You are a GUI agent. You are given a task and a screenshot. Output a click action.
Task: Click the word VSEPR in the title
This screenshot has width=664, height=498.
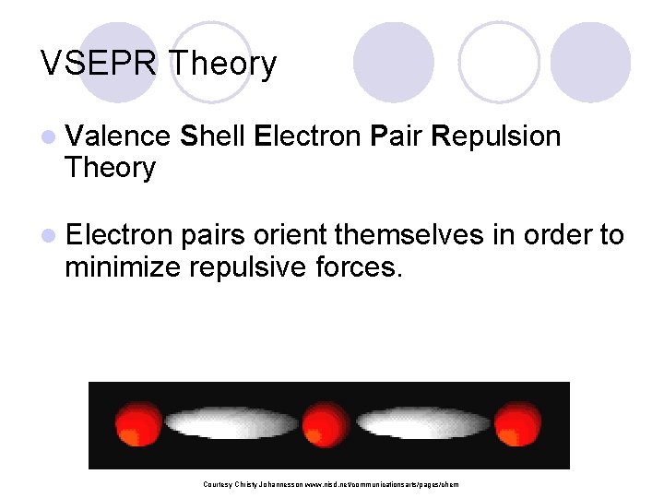pos(100,64)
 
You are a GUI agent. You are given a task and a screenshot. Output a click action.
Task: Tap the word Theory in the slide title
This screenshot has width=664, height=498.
pos(223,64)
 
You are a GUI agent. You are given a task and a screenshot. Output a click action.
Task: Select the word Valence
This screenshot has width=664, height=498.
pos(117,136)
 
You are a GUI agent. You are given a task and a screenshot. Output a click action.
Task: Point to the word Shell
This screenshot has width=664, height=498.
pos(213,136)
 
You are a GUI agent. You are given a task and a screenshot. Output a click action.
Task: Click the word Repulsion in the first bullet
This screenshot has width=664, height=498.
pos(495,136)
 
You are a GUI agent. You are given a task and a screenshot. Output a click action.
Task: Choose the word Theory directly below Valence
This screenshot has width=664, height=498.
pos(110,168)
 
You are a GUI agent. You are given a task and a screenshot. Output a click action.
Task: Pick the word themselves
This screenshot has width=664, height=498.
pos(409,235)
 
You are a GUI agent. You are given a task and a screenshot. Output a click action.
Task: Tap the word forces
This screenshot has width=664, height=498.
pos(359,267)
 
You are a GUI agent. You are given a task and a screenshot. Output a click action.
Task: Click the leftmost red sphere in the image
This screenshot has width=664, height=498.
pos(138,425)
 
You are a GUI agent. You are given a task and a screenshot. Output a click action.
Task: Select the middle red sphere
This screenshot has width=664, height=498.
pos(325,425)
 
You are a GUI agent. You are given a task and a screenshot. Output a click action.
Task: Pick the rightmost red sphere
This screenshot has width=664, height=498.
pos(517,425)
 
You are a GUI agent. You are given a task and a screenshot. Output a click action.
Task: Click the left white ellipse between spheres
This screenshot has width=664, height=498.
pos(231,424)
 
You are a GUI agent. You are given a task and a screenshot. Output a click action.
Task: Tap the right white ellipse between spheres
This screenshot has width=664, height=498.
pos(421,424)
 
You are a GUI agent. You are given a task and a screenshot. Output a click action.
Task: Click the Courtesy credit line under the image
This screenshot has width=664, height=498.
pos(329,484)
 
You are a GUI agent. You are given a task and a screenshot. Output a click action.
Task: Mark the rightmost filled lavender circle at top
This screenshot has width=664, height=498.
pos(590,62)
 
